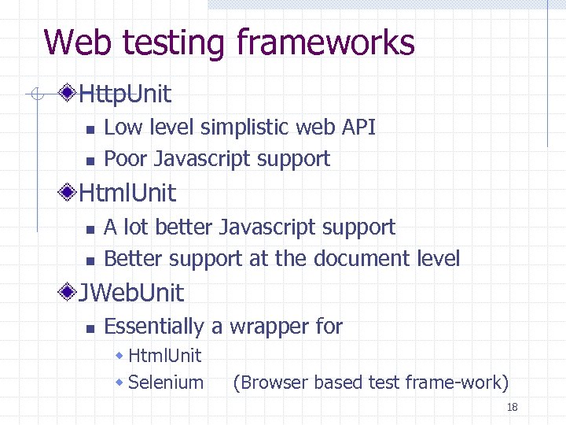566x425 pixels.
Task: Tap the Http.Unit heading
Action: [125, 95]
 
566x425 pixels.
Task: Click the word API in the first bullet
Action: [358, 128]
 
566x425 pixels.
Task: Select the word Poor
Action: [127, 159]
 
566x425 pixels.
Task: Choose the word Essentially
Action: [153, 327]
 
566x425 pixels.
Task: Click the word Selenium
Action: [165, 383]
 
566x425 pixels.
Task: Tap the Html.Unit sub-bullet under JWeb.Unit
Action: [164, 357]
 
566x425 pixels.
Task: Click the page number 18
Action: [512, 407]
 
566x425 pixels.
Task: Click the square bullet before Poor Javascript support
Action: [89, 161]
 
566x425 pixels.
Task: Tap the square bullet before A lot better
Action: [89, 229]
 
